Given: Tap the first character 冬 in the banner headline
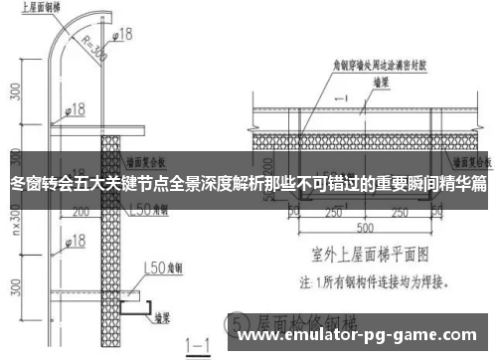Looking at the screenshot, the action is (x=17, y=185).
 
